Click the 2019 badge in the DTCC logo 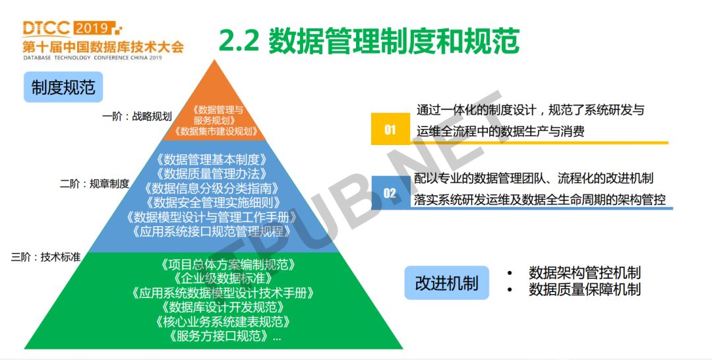93,28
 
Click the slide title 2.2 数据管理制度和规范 369,40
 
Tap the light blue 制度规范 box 63,87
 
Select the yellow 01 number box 390,129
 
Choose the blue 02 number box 390,193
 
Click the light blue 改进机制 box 447,283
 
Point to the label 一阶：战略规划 136,116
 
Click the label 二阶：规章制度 95,184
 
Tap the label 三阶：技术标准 46,257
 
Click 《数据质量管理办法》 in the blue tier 211,173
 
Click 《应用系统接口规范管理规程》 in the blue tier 211,231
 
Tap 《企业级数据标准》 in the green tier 223,278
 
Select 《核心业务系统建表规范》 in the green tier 223,321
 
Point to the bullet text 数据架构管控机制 584,273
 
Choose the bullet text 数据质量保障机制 584,289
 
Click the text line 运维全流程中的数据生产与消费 500,131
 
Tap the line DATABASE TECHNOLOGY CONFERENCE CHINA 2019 93,58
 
